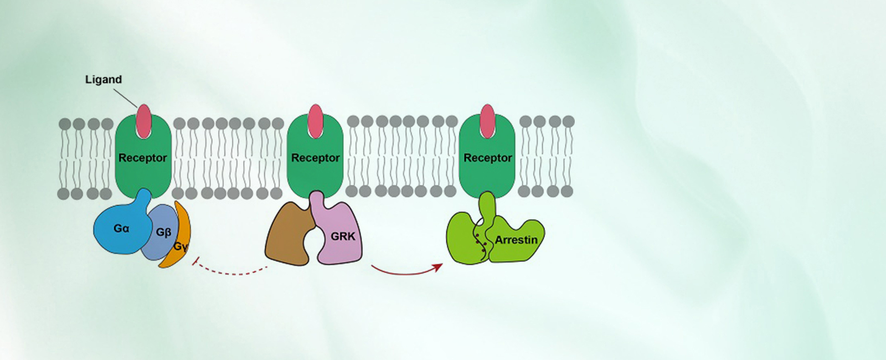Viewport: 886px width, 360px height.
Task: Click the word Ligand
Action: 103,79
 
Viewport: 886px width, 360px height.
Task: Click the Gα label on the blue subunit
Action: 121,228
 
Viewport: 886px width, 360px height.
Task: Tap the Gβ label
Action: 163,232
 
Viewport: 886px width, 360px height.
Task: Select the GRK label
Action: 343,236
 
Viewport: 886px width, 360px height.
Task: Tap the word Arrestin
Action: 516,240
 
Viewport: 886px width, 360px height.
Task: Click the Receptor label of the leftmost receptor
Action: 143,158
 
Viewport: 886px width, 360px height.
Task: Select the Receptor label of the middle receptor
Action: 316,158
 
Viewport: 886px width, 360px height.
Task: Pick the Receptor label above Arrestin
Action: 488,158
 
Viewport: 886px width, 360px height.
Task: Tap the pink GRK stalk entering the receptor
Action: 317,202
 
